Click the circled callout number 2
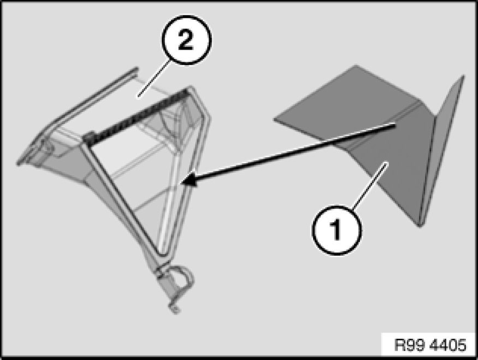pos(186,40)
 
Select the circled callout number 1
pos(337,230)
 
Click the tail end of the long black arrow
pos(395,124)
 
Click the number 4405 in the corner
pos(447,345)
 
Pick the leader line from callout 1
pos(369,186)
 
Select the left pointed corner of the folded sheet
pos(274,119)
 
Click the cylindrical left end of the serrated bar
pos(88,137)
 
